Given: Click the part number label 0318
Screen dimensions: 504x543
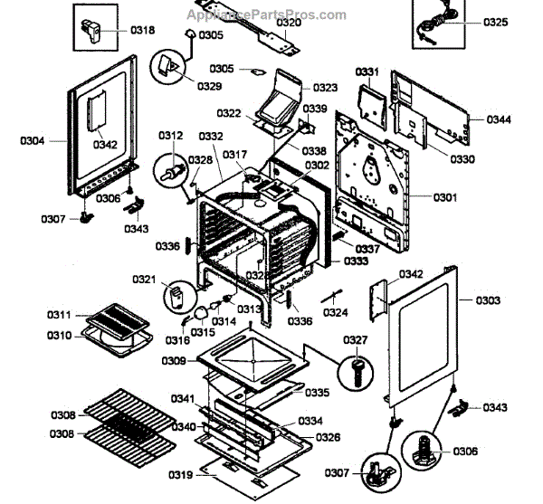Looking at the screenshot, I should (x=142, y=30).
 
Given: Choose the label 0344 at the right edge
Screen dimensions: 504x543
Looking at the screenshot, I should (x=498, y=119).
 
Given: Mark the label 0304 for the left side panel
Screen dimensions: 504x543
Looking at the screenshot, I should (x=33, y=140).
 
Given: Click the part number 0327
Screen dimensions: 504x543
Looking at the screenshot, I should (x=356, y=340).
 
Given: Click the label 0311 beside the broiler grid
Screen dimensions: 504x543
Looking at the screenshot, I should (x=60, y=315).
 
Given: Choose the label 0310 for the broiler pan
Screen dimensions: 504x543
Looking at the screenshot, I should (x=60, y=336).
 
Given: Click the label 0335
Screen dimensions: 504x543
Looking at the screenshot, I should (x=317, y=393).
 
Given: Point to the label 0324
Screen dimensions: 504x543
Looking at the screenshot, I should (x=336, y=313).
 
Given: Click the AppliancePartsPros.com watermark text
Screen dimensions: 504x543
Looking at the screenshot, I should (x=266, y=15).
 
